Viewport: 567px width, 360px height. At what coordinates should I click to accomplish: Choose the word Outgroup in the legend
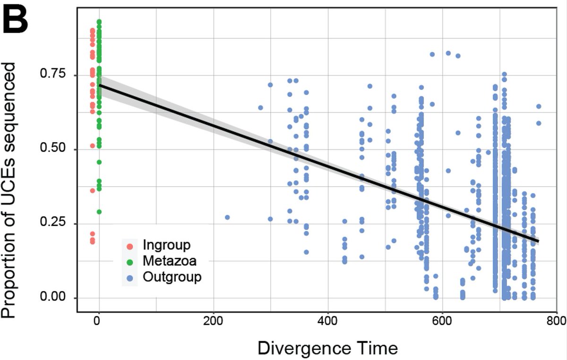(x=172, y=277)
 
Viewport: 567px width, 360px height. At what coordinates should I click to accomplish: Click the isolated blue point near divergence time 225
(x=227, y=217)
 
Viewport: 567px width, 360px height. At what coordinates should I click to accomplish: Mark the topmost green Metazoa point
(x=99, y=22)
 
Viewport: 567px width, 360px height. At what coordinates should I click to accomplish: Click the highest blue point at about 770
(x=539, y=106)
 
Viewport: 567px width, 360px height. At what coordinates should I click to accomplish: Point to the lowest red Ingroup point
(x=93, y=242)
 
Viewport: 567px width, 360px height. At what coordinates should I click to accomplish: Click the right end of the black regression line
(x=538, y=241)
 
